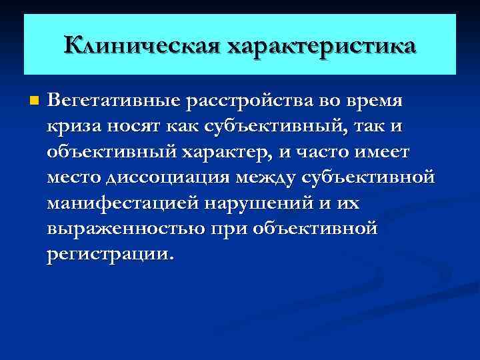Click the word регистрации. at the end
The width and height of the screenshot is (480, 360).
(x=109, y=255)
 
